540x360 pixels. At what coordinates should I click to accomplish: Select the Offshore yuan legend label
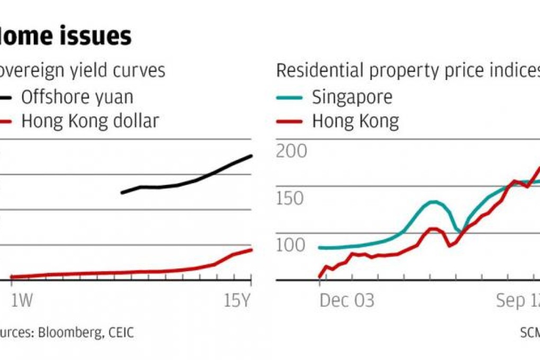77,97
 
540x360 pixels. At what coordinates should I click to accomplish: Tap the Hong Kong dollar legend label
90,121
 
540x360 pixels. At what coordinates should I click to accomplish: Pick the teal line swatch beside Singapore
289,97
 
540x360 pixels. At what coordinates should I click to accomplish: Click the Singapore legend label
352,97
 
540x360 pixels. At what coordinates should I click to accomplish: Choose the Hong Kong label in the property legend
355,121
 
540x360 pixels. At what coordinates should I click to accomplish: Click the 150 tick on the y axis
291,199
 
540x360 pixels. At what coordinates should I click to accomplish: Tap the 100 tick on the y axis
291,245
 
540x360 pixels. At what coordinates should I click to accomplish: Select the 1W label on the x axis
21,301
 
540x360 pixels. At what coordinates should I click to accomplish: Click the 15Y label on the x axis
236,301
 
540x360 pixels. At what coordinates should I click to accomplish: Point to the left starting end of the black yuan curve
122,192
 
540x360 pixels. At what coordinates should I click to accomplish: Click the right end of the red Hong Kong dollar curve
251,250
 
